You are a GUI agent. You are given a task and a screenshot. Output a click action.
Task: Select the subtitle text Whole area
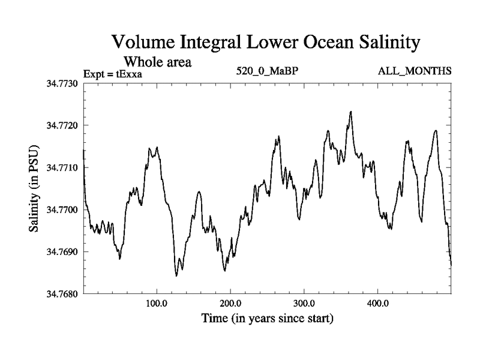157,61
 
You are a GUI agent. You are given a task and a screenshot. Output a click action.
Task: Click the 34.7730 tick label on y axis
62,83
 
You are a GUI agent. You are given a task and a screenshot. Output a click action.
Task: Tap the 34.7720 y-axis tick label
62,125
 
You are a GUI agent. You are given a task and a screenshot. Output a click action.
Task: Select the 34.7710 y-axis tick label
62,167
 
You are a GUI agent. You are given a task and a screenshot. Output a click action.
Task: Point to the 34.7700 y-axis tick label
62,209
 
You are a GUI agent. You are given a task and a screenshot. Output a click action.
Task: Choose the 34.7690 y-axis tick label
62,252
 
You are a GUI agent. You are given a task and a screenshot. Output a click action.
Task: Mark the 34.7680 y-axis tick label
62,294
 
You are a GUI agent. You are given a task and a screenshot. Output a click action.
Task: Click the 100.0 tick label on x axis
157,303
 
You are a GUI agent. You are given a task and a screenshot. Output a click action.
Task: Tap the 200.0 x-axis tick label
230,303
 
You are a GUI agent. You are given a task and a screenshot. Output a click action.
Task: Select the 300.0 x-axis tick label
304,303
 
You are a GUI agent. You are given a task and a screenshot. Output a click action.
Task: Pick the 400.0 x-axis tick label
378,303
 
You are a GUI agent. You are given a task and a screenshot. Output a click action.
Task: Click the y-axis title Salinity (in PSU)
34,188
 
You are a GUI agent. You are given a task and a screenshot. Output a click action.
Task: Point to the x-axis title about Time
267,318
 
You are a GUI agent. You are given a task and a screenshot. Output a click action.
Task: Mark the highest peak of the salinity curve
350,112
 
